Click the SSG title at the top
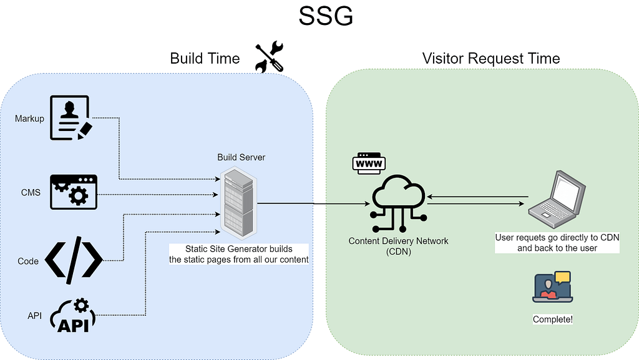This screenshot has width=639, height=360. tap(326, 16)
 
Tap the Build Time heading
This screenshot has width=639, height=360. tap(205, 58)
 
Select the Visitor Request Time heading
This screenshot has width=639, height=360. tap(491, 58)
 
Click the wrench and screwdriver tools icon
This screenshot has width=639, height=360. tap(269, 57)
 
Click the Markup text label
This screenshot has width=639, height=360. tap(29, 119)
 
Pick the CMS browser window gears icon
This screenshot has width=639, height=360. tap(74, 192)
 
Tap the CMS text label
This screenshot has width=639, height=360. tap(31, 192)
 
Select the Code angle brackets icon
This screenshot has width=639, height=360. tap(74, 260)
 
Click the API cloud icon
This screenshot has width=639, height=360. tap(73, 316)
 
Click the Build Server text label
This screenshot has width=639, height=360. tap(241, 157)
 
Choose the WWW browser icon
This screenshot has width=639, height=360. tap(369, 163)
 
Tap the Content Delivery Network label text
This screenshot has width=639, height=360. tap(398, 246)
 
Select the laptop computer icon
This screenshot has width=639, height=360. tap(557, 199)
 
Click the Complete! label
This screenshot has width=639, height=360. tap(553, 319)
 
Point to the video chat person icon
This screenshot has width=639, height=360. tap(553, 287)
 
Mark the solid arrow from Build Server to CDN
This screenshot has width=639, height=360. tap(313, 203)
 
